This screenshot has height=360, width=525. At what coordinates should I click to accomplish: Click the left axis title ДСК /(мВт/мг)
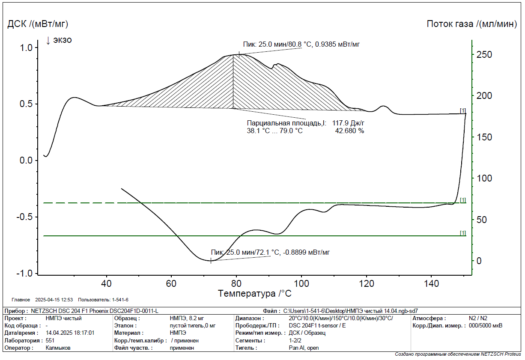(38, 24)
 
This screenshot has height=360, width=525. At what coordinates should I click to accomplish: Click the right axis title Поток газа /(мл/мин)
(472, 24)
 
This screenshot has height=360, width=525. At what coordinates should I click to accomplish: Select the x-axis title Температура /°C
(254, 294)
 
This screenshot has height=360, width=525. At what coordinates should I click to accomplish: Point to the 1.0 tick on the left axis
(27, 48)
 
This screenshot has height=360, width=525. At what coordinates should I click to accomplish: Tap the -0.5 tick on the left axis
(25, 217)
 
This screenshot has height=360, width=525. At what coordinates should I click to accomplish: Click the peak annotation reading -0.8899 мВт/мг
(270, 252)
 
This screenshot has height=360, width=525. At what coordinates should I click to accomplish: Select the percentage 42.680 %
(349, 131)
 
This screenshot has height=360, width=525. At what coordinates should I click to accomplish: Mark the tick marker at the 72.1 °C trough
(211, 260)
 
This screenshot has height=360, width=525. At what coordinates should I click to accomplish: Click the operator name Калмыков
(58, 348)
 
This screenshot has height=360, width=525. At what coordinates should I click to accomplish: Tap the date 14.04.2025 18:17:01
(70, 333)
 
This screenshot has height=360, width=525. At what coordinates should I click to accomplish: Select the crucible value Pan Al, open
(304, 348)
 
